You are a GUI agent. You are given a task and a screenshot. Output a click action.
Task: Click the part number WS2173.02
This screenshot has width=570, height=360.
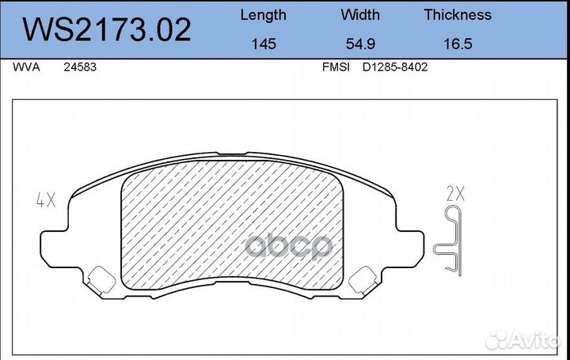point(106,29)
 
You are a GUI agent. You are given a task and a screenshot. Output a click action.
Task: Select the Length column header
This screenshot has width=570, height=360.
point(263,15)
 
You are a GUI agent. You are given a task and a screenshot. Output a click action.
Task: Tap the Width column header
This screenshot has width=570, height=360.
point(359,15)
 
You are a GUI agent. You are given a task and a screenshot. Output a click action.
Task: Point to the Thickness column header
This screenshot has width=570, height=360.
point(457,15)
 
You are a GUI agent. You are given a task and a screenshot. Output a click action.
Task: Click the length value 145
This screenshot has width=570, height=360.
point(263,44)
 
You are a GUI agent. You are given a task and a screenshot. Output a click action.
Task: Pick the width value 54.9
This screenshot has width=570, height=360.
point(359,44)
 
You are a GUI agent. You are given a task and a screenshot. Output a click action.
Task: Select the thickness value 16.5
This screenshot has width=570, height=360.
point(457,44)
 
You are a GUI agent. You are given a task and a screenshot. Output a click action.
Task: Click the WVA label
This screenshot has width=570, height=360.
point(22,68)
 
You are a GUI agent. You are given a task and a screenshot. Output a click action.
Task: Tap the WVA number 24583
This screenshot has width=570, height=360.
point(80,68)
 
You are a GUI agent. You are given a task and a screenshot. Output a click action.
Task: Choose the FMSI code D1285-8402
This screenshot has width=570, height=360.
point(395,68)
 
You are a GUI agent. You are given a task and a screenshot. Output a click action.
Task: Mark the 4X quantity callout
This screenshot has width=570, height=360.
point(44,200)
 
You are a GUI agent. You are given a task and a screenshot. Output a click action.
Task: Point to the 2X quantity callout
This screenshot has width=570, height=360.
point(456,192)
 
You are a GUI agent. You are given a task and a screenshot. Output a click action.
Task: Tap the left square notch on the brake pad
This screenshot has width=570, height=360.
point(100,279)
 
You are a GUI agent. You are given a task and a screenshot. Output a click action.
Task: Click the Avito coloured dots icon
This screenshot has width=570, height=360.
point(498,340)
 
